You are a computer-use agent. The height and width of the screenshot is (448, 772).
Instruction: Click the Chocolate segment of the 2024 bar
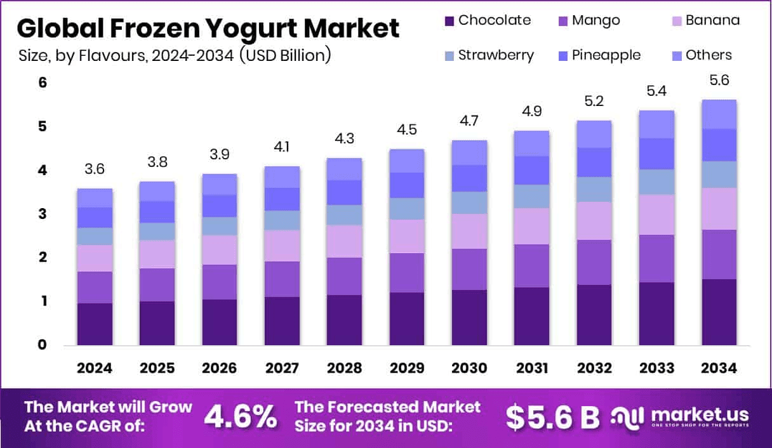pos(95,324)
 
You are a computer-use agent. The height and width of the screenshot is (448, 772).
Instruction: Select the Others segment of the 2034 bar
pos(719,114)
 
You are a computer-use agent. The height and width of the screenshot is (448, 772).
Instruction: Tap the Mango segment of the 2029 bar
pos(407,272)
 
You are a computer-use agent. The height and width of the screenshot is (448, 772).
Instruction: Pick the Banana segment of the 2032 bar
pos(594,220)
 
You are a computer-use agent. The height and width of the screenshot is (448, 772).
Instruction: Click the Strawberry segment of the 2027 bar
pos(282,220)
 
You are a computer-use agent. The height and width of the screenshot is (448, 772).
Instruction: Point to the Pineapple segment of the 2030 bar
pos(469,178)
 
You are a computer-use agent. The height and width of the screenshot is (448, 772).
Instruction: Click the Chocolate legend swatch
pos(449,20)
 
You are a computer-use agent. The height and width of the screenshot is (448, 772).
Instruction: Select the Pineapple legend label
pos(606,55)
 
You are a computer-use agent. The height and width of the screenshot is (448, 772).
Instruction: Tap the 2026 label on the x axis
pos(220,368)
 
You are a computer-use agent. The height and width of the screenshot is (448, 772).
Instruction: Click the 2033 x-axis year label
pos(656,368)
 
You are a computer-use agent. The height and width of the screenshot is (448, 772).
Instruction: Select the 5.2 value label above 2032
pos(594,102)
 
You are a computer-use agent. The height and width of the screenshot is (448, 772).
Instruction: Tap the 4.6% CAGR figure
pos(240,416)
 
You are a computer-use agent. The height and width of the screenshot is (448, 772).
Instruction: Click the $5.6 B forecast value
pos(552,416)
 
